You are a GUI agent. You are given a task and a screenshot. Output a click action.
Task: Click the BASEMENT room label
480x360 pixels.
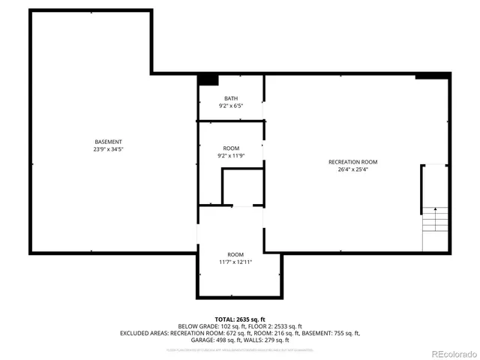(108, 142)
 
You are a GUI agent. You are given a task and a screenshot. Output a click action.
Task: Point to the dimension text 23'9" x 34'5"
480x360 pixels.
(108, 149)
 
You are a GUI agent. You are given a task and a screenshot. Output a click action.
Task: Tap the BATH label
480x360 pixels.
(231, 98)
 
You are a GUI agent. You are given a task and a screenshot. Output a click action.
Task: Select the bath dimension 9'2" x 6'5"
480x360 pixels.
(231, 106)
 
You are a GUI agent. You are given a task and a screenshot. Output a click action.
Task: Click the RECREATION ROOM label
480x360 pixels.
(352, 162)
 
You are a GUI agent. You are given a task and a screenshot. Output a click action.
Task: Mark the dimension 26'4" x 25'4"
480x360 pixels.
(352, 169)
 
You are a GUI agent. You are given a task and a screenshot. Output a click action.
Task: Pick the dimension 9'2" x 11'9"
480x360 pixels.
(231, 156)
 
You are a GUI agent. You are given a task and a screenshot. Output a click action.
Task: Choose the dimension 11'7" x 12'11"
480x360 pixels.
(235, 262)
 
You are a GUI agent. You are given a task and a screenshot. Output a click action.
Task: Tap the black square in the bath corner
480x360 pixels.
(208, 79)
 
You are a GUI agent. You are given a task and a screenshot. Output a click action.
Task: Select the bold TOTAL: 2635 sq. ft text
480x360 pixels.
(240, 319)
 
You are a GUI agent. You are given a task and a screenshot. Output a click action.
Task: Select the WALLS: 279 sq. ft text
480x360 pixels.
(265, 340)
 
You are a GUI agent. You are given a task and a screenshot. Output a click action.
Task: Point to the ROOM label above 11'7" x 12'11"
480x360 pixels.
(235, 254)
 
